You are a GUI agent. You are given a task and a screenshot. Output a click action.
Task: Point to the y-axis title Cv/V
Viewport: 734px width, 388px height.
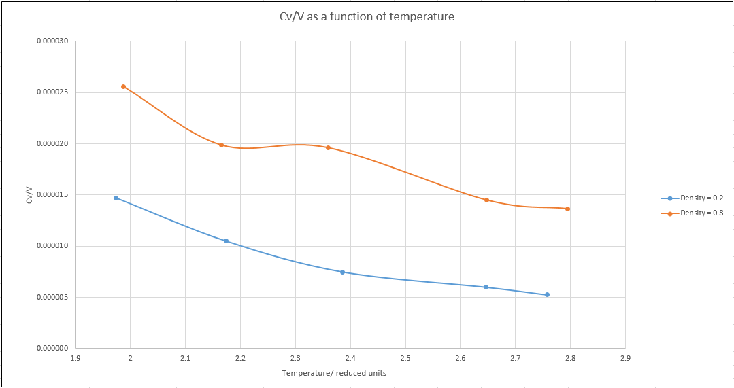(29, 195)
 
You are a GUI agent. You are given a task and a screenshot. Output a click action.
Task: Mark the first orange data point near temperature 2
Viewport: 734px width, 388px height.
(123, 86)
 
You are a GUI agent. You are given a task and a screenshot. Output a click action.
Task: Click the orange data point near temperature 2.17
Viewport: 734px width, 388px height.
(221, 145)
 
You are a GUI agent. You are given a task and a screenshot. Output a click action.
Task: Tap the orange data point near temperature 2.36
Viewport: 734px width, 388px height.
(328, 147)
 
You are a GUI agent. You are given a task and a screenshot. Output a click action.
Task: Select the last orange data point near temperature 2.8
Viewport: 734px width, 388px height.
(567, 209)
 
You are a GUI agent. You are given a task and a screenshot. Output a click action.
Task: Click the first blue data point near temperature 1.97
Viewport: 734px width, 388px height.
(116, 198)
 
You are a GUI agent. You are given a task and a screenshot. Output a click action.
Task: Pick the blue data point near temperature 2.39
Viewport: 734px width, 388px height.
(342, 272)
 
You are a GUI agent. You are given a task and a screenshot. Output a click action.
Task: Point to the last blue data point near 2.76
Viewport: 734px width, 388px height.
(547, 294)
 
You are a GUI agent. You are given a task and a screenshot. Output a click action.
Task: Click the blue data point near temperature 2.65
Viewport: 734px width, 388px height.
(486, 287)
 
